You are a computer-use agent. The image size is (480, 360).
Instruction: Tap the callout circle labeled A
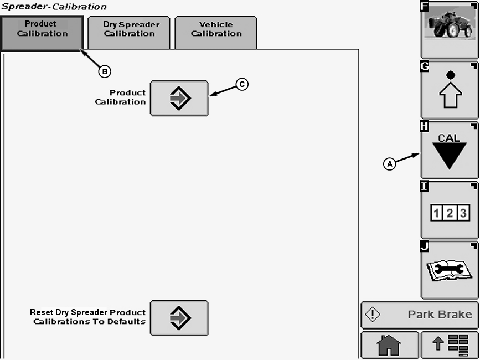click(x=390, y=164)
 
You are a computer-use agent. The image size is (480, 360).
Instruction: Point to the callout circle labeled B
click(x=105, y=71)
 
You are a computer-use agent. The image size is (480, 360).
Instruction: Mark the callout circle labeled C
click(x=242, y=84)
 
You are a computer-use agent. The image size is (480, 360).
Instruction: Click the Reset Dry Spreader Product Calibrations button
click(x=179, y=318)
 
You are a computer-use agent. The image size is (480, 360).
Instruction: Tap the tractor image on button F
click(x=450, y=24)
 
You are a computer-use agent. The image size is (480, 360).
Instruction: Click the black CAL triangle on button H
click(x=450, y=155)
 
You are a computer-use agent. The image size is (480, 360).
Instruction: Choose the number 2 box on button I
click(x=450, y=213)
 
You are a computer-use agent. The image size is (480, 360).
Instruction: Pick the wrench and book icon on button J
click(x=450, y=270)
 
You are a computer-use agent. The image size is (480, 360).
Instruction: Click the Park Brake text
click(x=440, y=315)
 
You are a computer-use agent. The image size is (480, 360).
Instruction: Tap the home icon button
click(x=389, y=346)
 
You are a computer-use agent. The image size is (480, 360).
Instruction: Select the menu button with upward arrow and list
click(x=450, y=346)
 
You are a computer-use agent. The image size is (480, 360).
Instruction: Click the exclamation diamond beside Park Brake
click(x=373, y=315)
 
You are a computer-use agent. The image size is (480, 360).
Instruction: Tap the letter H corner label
click(x=425, y=126)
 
